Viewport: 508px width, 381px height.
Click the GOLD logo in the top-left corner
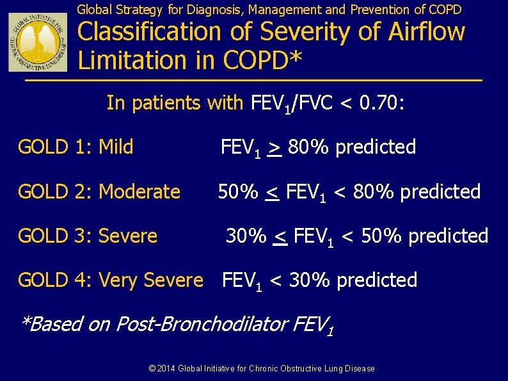37,42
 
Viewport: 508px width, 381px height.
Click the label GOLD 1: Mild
75,147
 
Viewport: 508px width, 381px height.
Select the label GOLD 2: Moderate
99,191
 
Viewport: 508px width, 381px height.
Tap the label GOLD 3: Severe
88,236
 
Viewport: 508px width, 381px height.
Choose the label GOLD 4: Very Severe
110,280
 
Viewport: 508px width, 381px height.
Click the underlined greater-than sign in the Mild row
274,148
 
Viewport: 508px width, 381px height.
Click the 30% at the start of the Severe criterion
246,236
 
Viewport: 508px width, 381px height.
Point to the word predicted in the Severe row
448,236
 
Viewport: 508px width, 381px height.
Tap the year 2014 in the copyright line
166,369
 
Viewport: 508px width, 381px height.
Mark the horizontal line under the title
253,81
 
